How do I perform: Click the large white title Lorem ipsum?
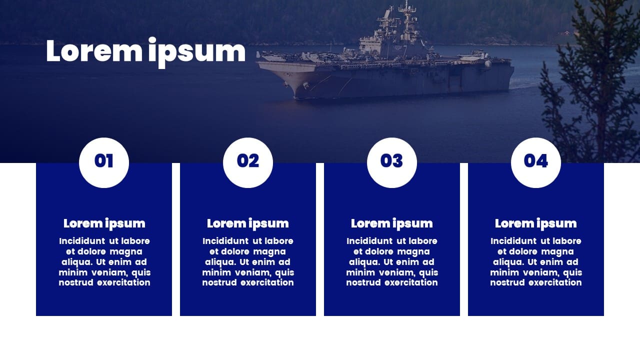tap(145, 52)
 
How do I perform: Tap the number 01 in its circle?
tap(103, 161)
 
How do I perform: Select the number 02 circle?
tap(247, 162)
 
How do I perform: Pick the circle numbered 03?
tap(391, 162)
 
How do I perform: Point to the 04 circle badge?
tap(535, 162)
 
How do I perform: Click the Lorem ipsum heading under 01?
tap(104, 223)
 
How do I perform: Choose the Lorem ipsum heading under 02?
tap(247, 223)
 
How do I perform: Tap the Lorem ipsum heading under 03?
tap(391, 223)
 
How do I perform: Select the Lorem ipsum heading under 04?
tap(535, 223)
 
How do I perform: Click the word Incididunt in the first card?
tap(82, 241)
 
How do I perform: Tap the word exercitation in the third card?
tap(411, 282)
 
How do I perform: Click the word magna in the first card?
tap(126, 252)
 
